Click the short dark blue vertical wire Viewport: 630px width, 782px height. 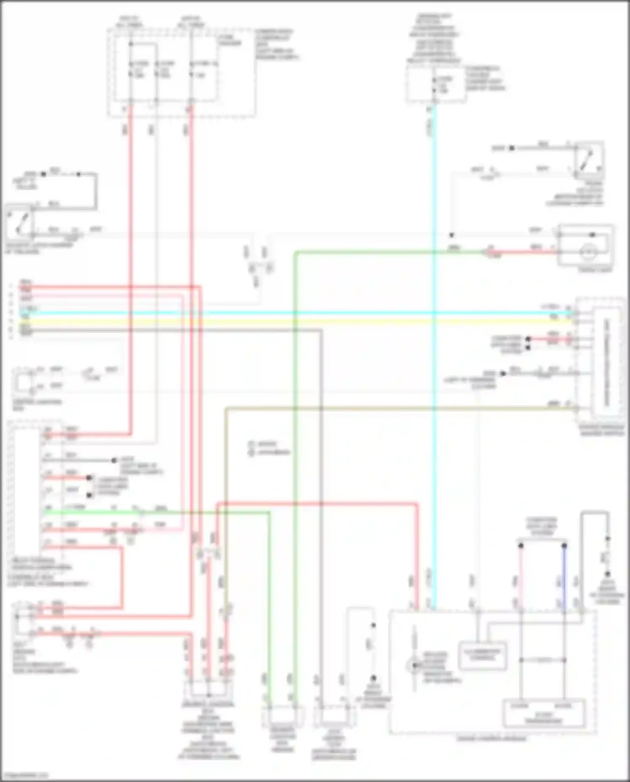click(x=564, y=576)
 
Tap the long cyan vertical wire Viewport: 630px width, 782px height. click(x=434, y=462)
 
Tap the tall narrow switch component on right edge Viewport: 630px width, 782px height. click(x=606, y=361)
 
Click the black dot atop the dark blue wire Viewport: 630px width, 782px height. click(x=564, y=546)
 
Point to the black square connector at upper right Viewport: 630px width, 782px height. click(x=512, y=148)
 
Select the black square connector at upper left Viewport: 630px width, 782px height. click(x=43, y=174)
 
